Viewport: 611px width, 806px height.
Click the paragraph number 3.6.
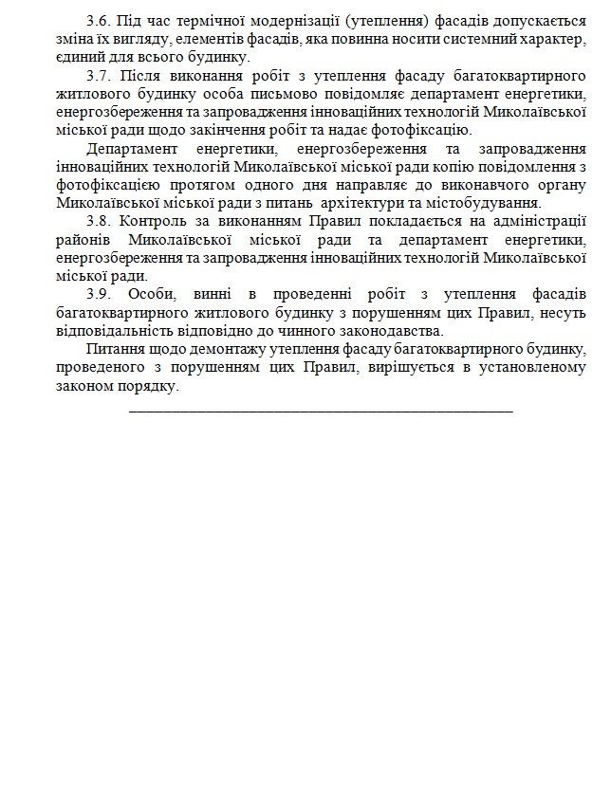pyautogui.click(x=98, y=22)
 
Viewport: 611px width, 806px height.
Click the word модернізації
pyautogui.click(x=275, y=22)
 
